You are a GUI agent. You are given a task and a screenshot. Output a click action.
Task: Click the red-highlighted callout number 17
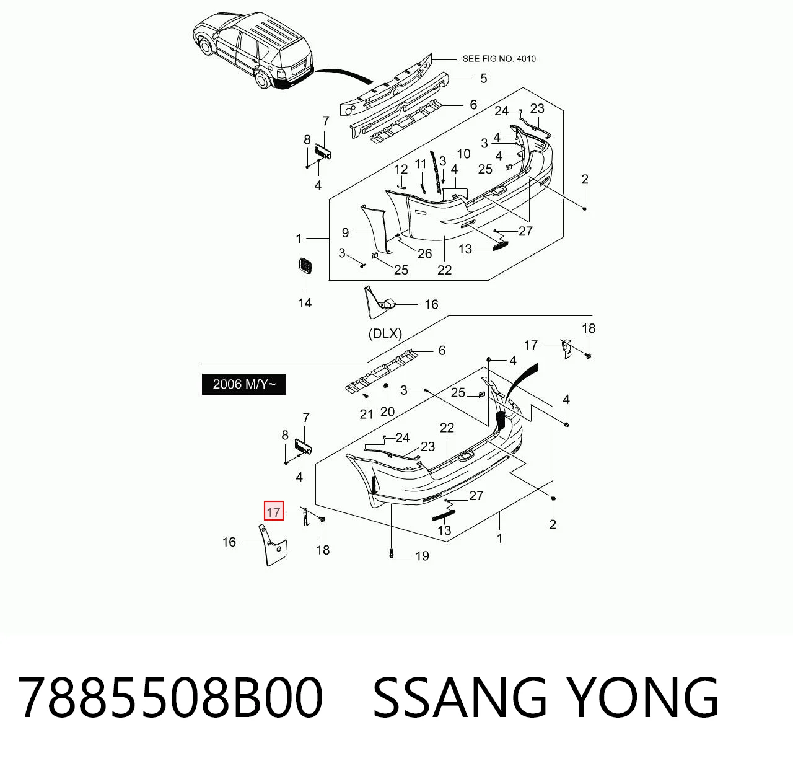coord(273,510)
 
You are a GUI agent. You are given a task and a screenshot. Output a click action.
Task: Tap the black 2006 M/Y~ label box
coord(243,384)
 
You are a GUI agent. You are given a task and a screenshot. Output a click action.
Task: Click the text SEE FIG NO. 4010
coord(499,59)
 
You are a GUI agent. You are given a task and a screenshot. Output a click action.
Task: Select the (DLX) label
coord(385,334)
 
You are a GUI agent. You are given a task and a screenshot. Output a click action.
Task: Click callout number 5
coord(483,78)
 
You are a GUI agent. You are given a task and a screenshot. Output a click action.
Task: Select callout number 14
coord(305,303)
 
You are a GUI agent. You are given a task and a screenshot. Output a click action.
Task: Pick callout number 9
coord(345,233)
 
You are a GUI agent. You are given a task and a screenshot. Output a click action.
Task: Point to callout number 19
coord(422,556)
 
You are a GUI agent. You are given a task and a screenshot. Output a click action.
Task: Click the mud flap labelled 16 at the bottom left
coord(273,545)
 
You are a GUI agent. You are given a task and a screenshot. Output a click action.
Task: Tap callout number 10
coord(464,154)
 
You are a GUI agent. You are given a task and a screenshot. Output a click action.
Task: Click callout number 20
coord(387,411)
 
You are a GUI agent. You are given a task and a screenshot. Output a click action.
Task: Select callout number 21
coord(366,414)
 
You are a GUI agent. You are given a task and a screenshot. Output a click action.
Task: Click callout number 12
coord(401,169)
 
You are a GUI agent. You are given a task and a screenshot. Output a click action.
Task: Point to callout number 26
coord(424,253)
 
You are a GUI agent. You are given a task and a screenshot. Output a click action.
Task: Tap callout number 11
coord(420,164)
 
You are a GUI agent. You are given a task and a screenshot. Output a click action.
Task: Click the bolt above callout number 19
coord(391,554)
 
